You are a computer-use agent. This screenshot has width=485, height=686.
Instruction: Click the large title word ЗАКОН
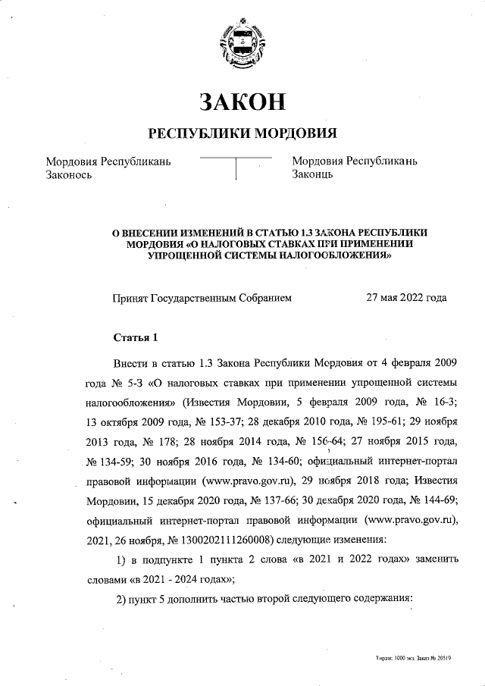242,101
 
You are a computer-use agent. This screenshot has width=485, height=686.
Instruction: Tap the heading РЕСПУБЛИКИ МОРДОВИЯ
242,133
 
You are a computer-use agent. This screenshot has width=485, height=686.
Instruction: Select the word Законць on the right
314,175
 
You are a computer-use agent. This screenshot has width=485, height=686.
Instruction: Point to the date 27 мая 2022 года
406,298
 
